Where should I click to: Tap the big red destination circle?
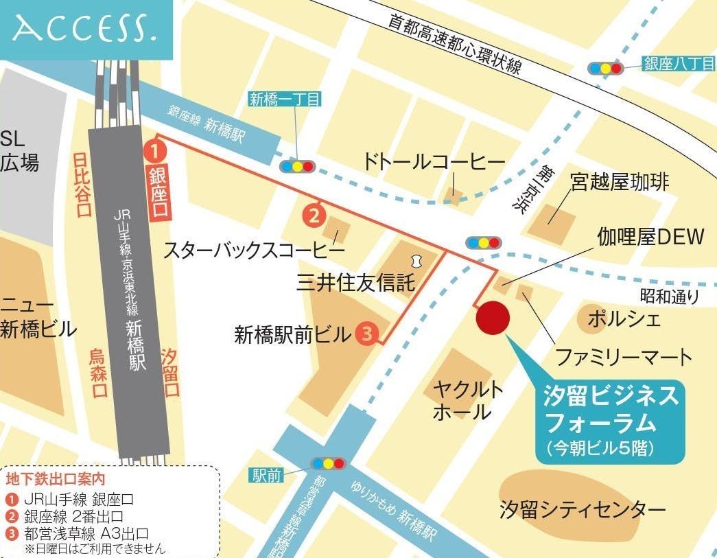(x=493, y=318)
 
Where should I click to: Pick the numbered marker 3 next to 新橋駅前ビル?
(x=367, y=334)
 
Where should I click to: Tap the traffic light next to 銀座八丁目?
(x=606, y=68)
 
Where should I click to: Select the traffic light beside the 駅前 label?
(x=329, y=463)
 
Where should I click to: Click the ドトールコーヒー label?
(x=434, y=163)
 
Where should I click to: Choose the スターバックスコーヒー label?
(x=254, y=251)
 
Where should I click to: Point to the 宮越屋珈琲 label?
(x=620, y=183)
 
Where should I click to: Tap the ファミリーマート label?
(x=623, y=357)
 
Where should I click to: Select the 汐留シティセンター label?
(x=583, y=510)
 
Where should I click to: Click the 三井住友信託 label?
(x=356, y=282)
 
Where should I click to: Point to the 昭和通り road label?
(x=670, y=297)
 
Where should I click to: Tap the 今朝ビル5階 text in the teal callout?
(x=609, y=447)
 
